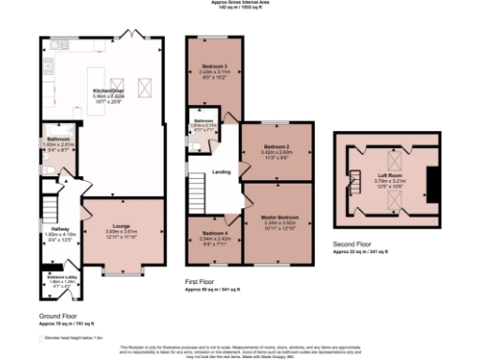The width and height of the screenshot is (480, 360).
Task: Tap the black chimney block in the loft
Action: [x=432, y=182]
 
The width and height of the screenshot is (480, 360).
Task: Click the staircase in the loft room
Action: [x=356, y=182]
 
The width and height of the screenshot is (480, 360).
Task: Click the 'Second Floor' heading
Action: [x=353, y=247]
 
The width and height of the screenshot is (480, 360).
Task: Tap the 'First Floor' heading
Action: [x=202, y=281]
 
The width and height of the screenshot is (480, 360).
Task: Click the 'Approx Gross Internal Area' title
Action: [x=239, y=3]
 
